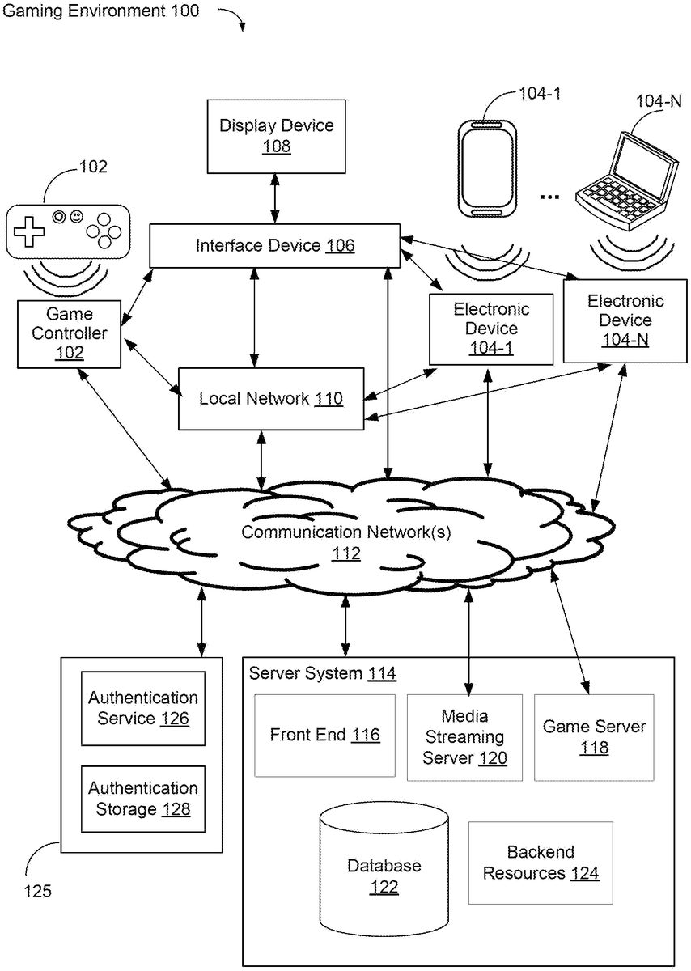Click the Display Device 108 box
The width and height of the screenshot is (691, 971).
(276, 136)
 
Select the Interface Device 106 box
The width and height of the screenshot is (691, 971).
(274, 245)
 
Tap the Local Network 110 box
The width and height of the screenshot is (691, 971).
(270, 398)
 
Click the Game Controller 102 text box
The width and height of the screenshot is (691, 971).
(69, 333)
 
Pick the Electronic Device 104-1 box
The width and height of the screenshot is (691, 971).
(491, 329)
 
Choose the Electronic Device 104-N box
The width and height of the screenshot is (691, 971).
(625, 320)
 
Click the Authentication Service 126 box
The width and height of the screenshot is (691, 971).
(143, 708)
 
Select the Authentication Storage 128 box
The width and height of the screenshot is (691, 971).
(143, 798)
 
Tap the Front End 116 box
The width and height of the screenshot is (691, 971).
(325, 735)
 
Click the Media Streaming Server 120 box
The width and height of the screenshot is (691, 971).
(464, 737)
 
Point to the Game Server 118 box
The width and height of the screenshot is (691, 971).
(594, 737)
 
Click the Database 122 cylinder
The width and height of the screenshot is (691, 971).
(384, 866)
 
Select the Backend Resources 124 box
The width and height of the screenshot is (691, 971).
(541, 863)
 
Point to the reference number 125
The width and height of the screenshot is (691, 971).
(37, 892)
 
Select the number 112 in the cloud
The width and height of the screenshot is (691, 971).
(346, 554)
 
